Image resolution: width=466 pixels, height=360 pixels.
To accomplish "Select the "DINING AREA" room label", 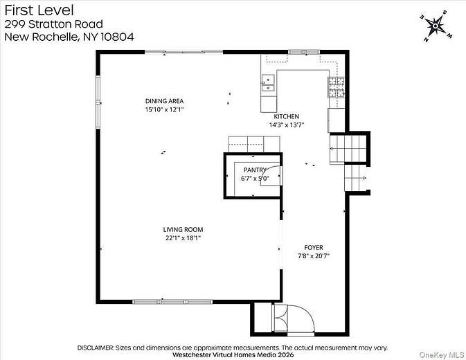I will pyautogui.click(x=164, y=100).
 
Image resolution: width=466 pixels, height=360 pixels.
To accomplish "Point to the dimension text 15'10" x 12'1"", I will pyautogui.click(x=164, y=109).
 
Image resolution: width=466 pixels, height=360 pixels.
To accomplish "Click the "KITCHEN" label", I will pyautogui.click(x=287, y=116).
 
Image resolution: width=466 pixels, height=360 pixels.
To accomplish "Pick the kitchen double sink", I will pyautogui.click(x=267, y=84).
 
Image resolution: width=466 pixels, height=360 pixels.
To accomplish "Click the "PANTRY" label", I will pyautogui.click(x=254, y=170).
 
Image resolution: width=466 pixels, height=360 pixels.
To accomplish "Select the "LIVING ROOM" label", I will pyautogui.click(x=183, y=229).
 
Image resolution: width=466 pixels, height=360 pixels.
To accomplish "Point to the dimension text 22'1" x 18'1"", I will pyautogui.click(x=183, y=238).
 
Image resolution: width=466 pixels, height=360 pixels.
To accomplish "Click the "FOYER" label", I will pyautogui.click(x=314, y=247).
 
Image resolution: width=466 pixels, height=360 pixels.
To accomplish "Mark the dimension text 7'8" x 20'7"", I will pyautogui.click(x=314, y=256).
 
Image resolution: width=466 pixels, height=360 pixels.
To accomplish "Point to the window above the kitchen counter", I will pyautogui.click(x=297, y=52).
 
